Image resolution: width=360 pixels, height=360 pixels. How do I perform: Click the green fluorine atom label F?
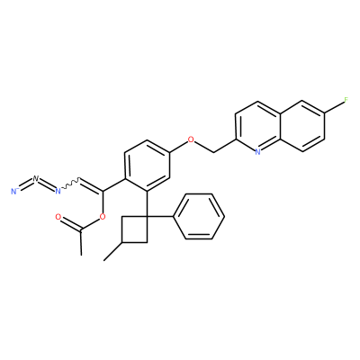346,100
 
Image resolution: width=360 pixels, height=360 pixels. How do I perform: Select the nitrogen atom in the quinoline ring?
257,152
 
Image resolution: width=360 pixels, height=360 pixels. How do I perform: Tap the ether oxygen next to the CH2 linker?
190,139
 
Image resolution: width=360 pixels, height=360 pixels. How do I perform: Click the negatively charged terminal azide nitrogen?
13,191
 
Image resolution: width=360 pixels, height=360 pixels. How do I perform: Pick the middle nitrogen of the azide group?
36,179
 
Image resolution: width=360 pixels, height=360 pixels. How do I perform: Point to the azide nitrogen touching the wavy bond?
58,191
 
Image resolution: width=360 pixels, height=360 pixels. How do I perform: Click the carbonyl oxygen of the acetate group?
58,217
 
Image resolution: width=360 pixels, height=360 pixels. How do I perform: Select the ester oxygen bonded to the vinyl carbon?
103,217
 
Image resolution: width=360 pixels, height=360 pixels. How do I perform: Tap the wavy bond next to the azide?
70,184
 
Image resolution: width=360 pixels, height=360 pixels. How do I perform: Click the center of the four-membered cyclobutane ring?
134,229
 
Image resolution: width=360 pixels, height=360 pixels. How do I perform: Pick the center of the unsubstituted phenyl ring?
199,216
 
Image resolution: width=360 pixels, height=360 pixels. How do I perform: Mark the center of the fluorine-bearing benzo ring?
302,126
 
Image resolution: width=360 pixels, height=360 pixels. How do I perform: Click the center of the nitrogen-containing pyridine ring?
257,126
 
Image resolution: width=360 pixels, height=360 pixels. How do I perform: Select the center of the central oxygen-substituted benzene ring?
147,166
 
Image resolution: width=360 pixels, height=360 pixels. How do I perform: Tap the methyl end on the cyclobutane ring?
103,260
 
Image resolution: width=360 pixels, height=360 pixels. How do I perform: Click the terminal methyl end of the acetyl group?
81,256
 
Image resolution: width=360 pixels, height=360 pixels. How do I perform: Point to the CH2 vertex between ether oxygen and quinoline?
213,152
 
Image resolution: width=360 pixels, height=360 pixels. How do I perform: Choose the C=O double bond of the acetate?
70,224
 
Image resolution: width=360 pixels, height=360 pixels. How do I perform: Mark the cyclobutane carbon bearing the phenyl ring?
147,216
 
